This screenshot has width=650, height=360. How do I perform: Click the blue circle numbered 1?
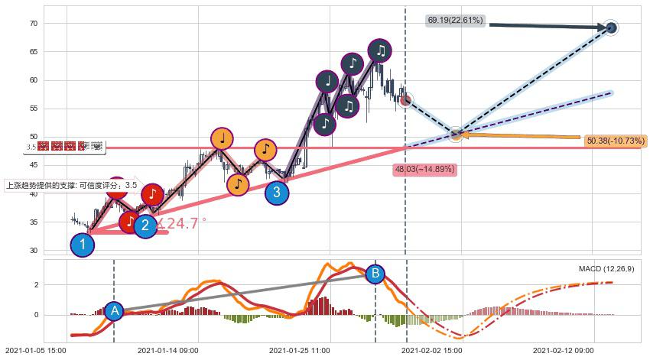(x=82, y=245)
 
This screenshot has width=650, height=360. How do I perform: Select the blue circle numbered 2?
(x=145, y=225)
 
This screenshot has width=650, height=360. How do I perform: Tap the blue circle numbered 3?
(x=277, y=193)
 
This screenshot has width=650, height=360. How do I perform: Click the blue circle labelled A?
(x=114, y=310)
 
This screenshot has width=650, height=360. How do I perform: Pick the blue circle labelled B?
(x=375, y=273)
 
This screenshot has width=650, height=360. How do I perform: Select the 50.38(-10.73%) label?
(x=616, y=141)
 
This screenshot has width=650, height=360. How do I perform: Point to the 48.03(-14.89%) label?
(x=424, y=169)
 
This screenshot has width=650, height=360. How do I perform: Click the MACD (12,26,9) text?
(x=606, y=269)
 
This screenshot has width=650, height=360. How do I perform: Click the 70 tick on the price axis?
(x=33, y=24)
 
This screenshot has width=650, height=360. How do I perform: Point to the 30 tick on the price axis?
(x=33, y=251)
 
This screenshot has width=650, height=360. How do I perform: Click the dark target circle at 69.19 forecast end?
(x=611, y=28)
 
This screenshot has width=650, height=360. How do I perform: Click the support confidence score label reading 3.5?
(x=71, y=185)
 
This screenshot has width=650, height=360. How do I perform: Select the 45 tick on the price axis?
(x=33, y=166)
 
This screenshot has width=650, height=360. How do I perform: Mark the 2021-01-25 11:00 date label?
(x=300, y=350)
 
